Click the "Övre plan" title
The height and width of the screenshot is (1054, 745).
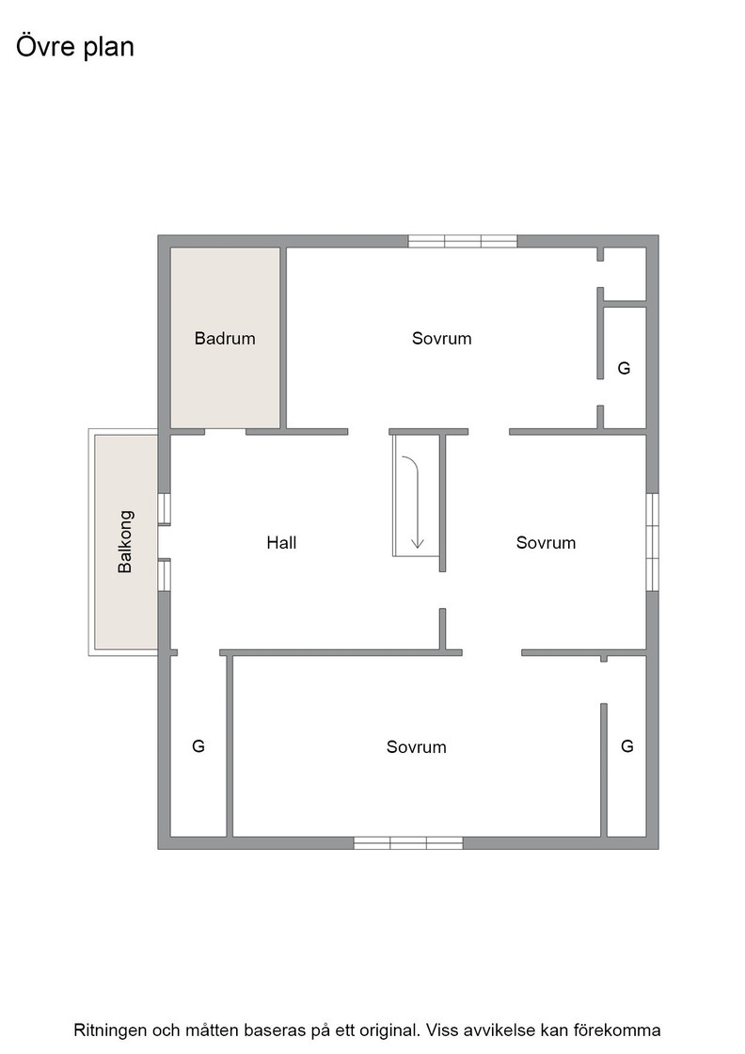click(74, 46)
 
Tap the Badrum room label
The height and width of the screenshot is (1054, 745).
click(225, 338)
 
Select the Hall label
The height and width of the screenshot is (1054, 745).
click(281, 542)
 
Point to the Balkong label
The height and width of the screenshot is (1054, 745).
click(125, 542)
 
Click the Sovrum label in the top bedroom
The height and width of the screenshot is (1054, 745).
click(441, 338)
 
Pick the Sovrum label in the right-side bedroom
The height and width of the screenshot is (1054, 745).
click(546, 542)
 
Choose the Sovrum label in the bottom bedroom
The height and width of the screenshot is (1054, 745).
click(416, 747)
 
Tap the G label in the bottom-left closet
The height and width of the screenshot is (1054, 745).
click(198, 746)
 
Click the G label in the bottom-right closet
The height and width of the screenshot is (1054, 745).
click(626, 746)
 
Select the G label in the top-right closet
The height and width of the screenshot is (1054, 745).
click(624, 368)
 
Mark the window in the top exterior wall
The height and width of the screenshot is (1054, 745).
click(463, 241)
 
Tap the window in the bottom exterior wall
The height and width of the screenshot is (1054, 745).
click(408, 843)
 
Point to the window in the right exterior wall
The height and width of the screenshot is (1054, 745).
click(652, 542)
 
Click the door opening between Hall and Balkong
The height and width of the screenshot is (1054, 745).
click(164, 542)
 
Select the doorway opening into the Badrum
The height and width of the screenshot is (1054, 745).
click(225, 432)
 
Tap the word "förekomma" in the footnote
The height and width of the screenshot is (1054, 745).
click(624, 1030)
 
